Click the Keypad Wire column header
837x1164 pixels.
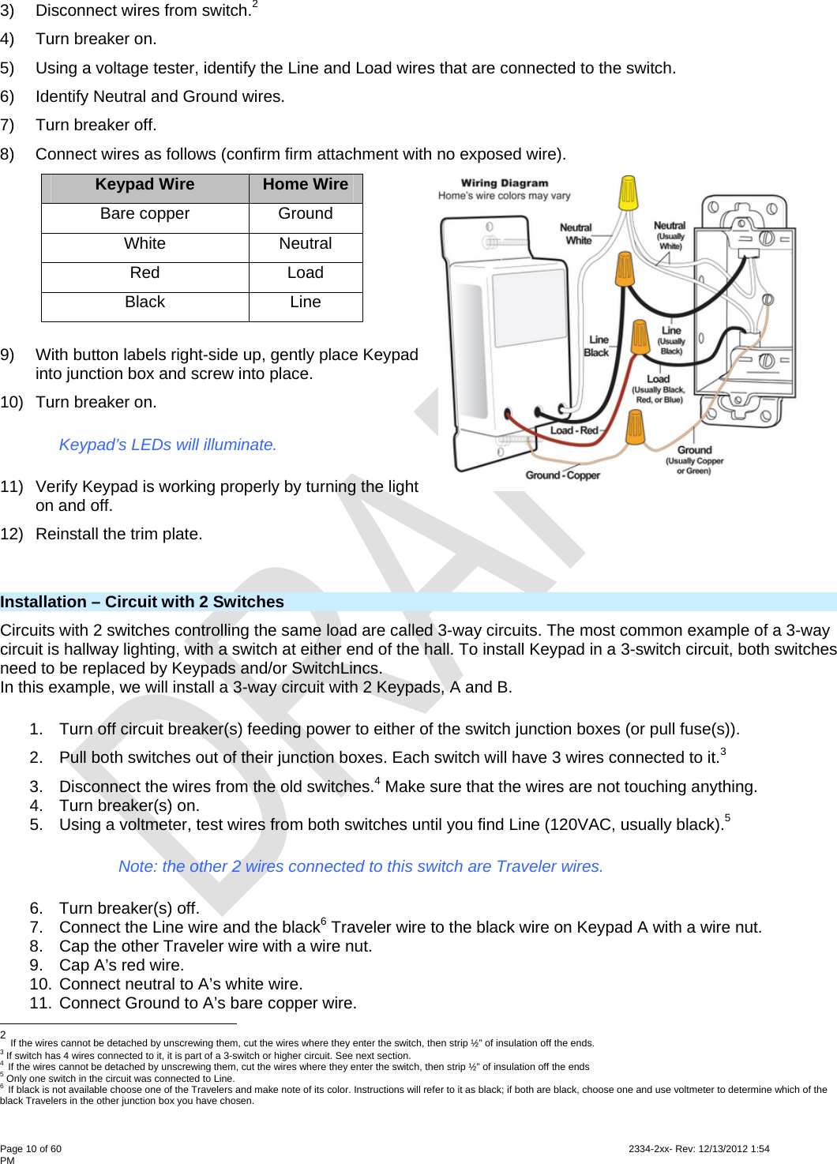[x=145, y=185]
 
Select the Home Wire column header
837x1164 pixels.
[x=305, y=185]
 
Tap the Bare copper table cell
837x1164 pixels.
[x=145, y=214]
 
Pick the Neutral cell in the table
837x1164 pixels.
[x=305, y=244]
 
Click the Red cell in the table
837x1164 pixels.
[x=145, y=273]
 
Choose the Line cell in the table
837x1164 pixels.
[x=305, y=302]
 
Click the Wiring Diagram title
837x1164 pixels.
[x=504, y=183]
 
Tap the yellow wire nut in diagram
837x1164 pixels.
[x=628, y=193]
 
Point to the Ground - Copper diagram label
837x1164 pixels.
[x=562, y=475]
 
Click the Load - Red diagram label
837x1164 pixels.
[x=574, y=430]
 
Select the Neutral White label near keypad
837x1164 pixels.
[x=576, y=234]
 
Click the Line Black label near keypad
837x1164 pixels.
[x=597, y=346]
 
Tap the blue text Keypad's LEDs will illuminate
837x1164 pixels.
[x=167, y=445]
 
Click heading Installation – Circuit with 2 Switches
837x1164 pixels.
[x=142, y=603]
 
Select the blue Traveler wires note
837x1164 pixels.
[x=360, y=867]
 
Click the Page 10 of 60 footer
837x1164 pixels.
[x=31, y=1149]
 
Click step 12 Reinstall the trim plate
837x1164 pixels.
[x=118, y=535]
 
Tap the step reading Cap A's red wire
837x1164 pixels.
[x=121, y=966]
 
